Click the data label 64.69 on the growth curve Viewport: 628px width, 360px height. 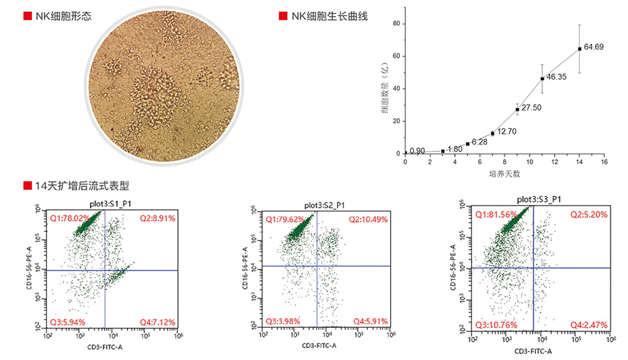coord(594,47)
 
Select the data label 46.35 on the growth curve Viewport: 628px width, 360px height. coord(557,76)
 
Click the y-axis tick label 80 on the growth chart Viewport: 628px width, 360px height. coord(396,23)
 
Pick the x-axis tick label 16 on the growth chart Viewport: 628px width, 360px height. coord(604,162)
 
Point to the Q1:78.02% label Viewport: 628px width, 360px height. coord(70,218)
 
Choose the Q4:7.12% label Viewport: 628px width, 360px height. coord(156,322)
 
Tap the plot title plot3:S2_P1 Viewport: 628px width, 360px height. coord(325,205)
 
